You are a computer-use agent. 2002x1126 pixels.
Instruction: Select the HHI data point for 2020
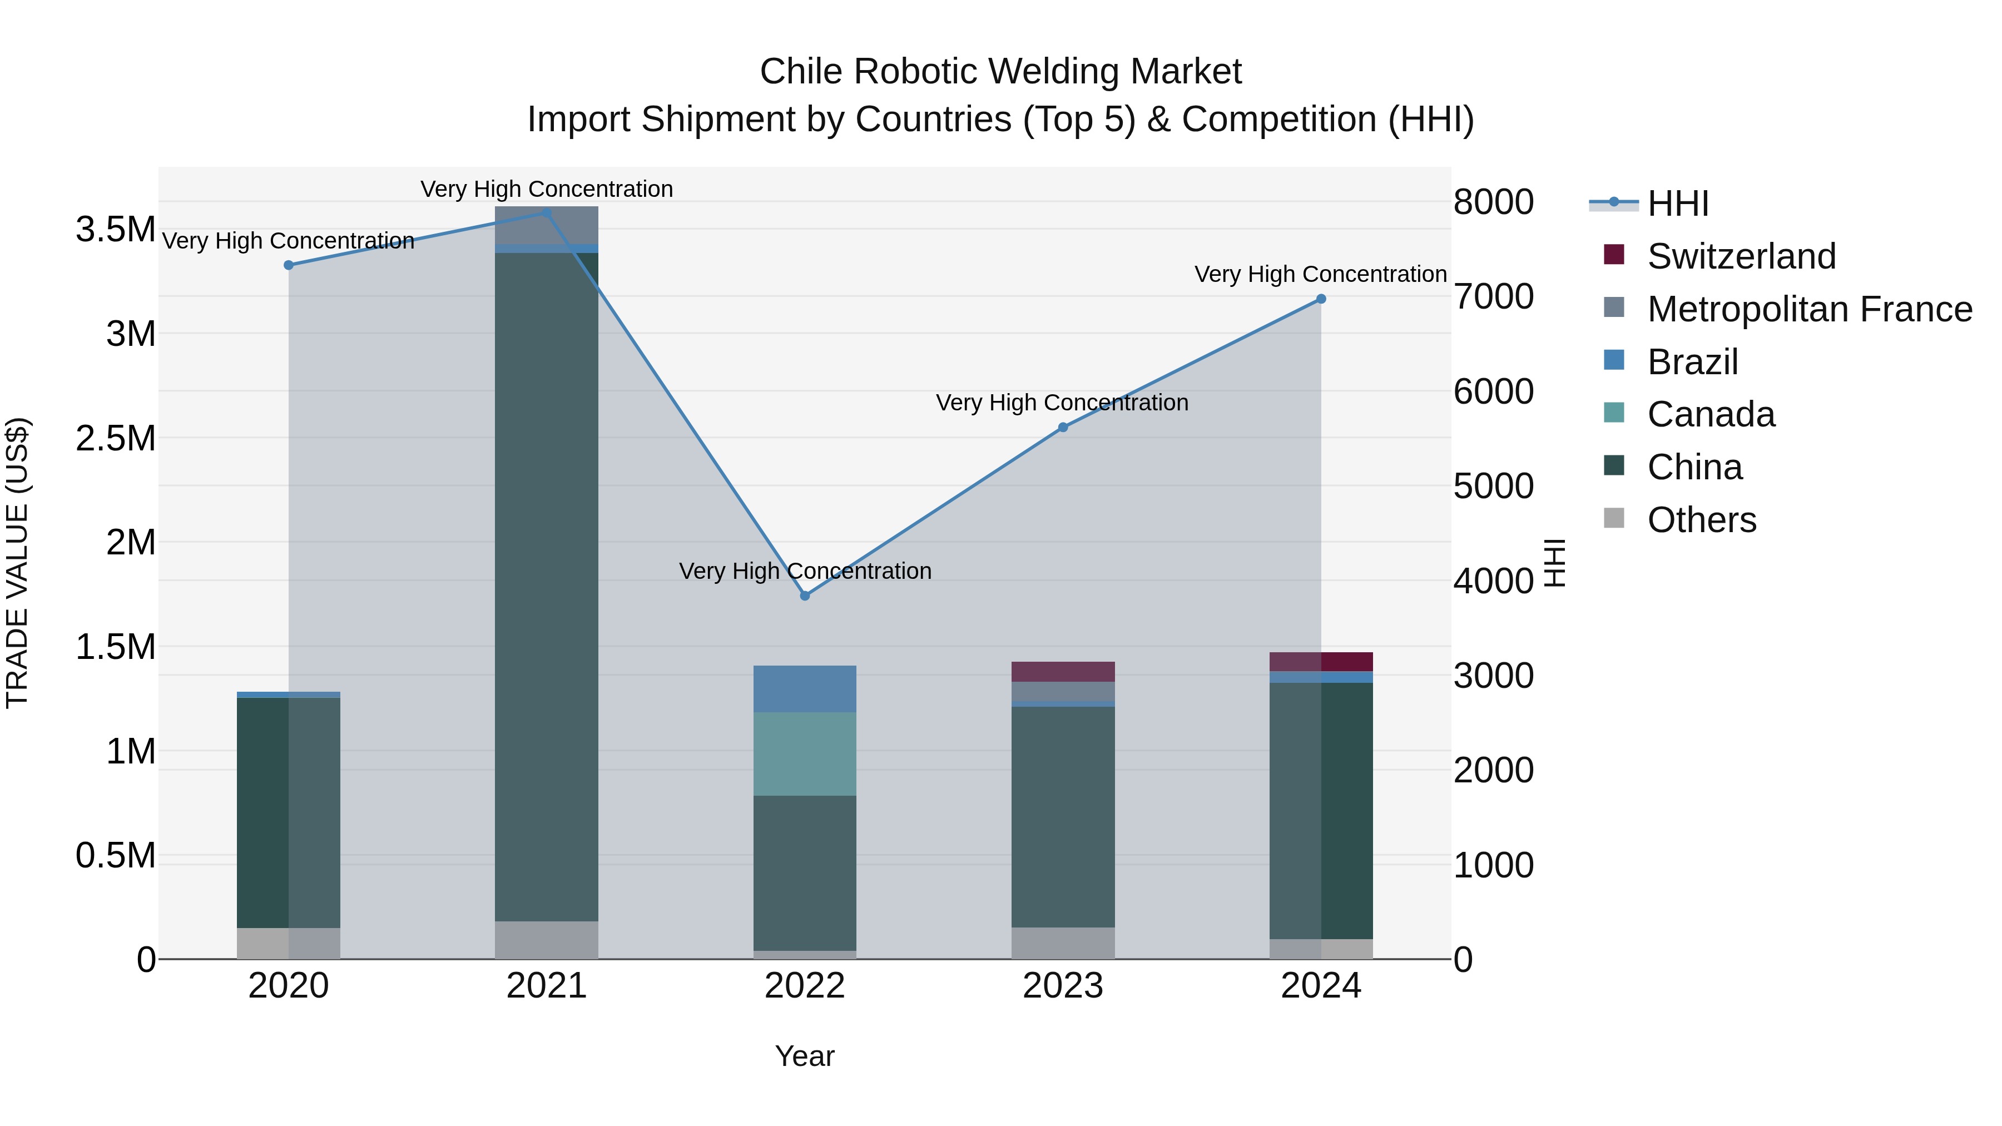288,265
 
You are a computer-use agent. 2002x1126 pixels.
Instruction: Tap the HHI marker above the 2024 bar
1320,299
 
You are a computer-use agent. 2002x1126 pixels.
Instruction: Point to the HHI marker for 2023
1062,428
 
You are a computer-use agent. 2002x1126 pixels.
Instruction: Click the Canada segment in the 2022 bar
804,754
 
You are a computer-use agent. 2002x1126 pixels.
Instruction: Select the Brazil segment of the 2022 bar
804,688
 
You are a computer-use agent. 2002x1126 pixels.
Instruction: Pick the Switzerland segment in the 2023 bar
1062,671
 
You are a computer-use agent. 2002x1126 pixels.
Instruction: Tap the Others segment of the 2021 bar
546,940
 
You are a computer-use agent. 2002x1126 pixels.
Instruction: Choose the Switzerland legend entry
1741,256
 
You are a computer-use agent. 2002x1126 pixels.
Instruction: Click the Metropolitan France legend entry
1809,309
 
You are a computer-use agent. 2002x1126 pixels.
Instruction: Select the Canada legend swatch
1614,413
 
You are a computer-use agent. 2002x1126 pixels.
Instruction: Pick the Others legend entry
1701,520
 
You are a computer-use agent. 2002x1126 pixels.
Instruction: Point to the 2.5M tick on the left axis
115,438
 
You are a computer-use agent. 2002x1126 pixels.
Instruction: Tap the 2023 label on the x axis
1062,986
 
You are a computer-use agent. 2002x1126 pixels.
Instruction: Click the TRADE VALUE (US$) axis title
17,563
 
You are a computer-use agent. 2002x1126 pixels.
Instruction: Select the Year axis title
804,1056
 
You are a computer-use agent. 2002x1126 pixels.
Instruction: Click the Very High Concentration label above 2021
546,189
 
